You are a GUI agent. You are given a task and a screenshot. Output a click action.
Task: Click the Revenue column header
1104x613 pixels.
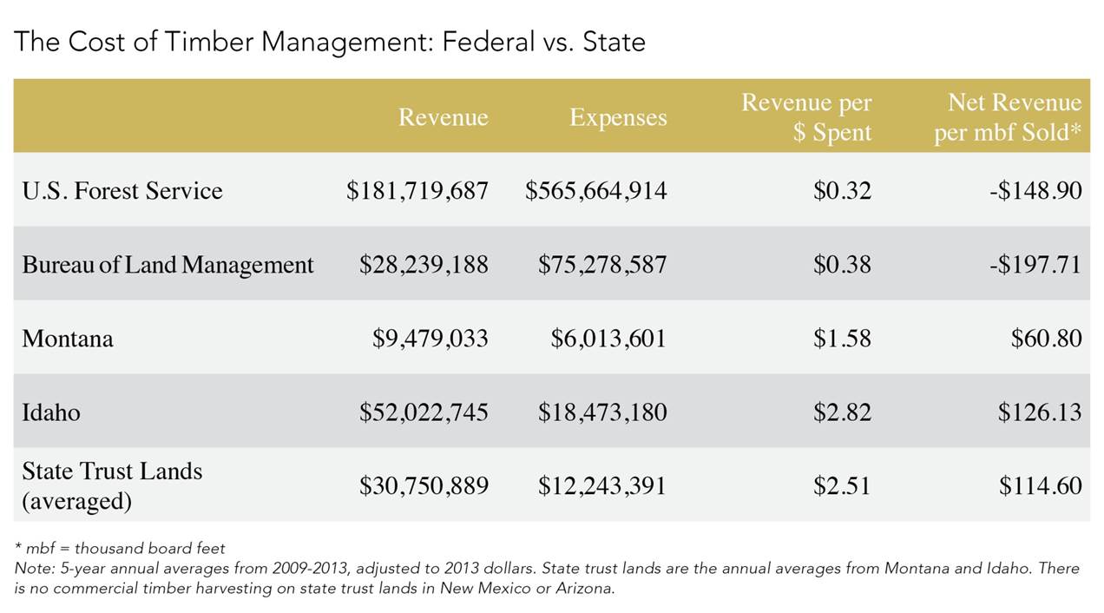(443, 117)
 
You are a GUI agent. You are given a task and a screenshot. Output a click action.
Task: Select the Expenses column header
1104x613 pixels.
(618, 117)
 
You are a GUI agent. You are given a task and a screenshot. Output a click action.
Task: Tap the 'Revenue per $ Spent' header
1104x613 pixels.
(806, 118)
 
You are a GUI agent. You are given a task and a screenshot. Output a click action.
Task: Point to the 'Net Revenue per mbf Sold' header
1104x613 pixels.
(1008, 118)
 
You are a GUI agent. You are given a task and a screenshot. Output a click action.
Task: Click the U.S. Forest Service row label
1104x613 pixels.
(122, 190)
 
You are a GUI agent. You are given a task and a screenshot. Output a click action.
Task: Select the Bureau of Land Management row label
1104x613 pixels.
(168, 265)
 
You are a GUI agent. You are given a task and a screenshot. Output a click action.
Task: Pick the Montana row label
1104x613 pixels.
(68, 339)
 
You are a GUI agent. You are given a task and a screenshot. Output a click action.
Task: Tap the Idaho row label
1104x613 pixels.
(51, 412)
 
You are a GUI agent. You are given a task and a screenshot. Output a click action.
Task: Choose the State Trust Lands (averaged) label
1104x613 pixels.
(112, 485)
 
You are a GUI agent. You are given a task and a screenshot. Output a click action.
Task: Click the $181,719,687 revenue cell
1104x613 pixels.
(417, 191)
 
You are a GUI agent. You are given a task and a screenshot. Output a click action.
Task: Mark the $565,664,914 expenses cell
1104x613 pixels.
(595, 191)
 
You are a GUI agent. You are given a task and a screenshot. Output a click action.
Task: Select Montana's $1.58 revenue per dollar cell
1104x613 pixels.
(842, 339)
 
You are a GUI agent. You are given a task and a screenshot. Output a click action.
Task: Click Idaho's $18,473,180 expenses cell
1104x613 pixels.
(602, 412)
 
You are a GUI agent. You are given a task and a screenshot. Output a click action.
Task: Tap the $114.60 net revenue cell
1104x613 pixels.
(1040, 486)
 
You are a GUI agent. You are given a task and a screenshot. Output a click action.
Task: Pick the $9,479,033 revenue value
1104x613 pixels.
(430, 339)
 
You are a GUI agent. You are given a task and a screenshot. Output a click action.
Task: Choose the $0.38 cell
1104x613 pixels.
(842, 265)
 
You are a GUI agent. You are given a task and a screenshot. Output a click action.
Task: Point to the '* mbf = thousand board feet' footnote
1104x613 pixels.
(120, 548)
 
